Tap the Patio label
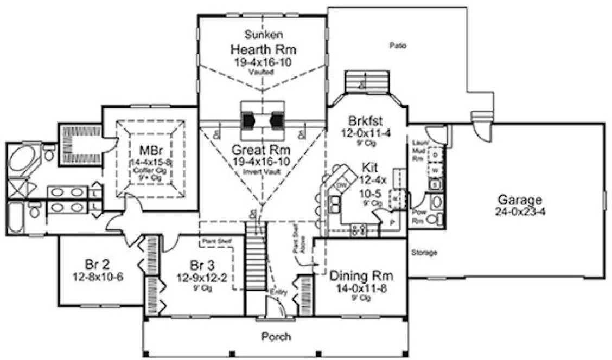(x=398, y=46)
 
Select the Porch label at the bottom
(x=276, y=337)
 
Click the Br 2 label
(x=98, y=265)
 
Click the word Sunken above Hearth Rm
(x=263, y=35)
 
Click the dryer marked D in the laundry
(x=435, y=155)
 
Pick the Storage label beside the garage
(x=424, y=253)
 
